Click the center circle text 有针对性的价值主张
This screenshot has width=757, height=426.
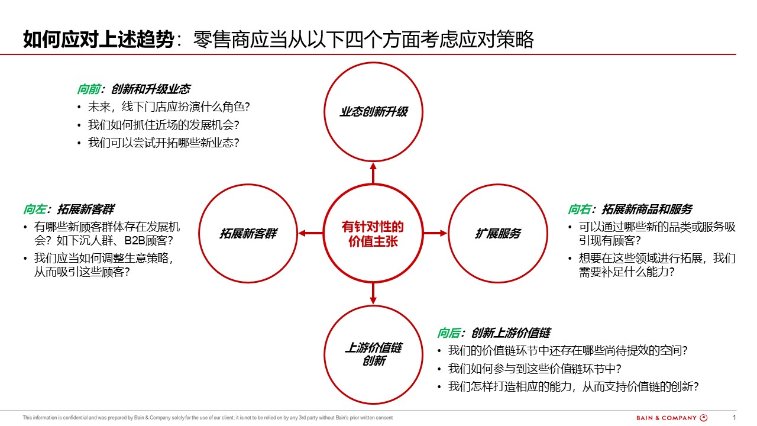pos(373,234)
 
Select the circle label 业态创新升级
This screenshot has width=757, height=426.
pos(373,112)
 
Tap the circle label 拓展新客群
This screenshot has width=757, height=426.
pos(248,233)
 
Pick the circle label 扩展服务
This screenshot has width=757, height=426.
pos(498,233)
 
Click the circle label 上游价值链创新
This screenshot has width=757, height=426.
pos(373,354)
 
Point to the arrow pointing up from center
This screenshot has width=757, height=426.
pos(373,173)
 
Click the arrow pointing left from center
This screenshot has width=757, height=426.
pos(311,233)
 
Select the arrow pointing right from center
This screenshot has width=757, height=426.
pos(435,233)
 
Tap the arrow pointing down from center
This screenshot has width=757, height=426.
pos(373,293)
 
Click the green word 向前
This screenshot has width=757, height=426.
pos(89,89)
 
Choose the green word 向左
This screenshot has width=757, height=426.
pos(34,209)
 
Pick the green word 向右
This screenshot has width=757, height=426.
pos(579,209)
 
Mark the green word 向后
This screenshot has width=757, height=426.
pos(448,333)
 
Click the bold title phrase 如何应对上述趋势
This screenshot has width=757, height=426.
pos(98,39)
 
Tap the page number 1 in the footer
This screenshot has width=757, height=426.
pos(734,418)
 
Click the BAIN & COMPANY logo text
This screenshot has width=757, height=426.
pos(667,418)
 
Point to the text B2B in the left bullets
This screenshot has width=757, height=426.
pos(135,241)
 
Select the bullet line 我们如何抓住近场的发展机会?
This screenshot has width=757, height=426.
pos(164,125)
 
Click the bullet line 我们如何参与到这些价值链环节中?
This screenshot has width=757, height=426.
pos(535,369)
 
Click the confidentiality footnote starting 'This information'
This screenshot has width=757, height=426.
pos(208,418)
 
